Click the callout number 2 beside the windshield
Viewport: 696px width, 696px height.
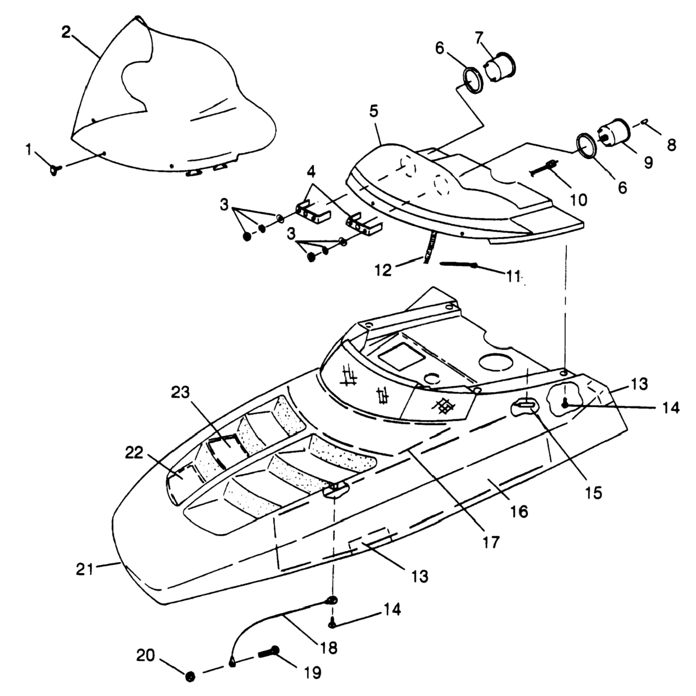pyautogui.click(x=66, y=32)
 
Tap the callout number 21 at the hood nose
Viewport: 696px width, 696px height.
pyautogui.click(x=85, y=569)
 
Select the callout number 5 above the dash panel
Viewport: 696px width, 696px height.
pyautogui.click(x=374, y=112)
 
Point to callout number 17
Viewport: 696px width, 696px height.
pyautogui.click(x=490, y=541)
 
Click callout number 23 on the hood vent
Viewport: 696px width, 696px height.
pyautogui.click(x=180, y=393)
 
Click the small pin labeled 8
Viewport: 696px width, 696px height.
pyautogui.click(x=645, y=122)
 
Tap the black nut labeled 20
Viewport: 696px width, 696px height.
pyautogui.click(x=190, y=677)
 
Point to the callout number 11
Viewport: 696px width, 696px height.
pyautogui.click(x=512, y=277)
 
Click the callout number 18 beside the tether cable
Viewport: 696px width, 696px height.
pyautogui.click(x=329, y=648)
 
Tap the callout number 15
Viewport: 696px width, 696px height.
pyautogui.click(x=593, y=492)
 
